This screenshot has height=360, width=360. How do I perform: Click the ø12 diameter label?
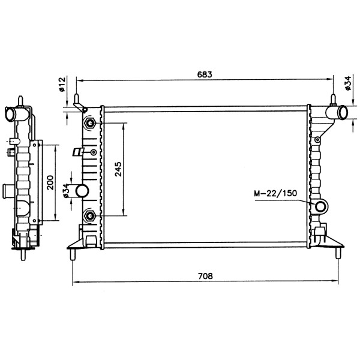click(62, 84)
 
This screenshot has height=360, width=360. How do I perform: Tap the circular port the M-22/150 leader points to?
click(320, 208)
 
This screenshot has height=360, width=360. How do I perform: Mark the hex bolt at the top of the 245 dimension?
click(90, 124)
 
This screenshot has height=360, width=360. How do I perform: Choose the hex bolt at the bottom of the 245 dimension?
click(90, 215)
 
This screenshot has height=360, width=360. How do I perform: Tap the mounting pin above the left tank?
click(77, 98)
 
